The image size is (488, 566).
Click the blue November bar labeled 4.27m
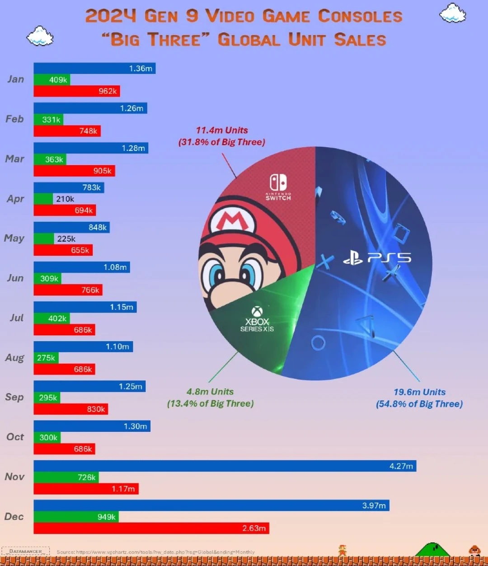tap(225, 466)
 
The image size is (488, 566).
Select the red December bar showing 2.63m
tap(151, 528)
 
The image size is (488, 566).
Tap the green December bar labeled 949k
tap(76, 517)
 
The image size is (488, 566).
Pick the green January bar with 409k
tap(52, 80)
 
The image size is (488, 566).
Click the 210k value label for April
tap(65, 199)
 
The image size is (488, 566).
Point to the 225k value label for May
tap(66, 239)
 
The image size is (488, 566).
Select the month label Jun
tap(15, 278)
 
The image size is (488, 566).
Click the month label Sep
tap(14, 397)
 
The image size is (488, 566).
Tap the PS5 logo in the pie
tap(377, 258)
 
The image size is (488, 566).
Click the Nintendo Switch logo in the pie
tap(278, 187)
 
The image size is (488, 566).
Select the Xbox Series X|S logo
tap(257, 319)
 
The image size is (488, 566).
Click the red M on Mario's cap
tap(232, 221)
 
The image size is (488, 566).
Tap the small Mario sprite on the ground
tap(343, 550)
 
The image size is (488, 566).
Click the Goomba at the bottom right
tap(474, 550)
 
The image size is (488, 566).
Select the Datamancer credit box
tap(26, 551)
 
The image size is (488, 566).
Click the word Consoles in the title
tap(360, 16)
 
